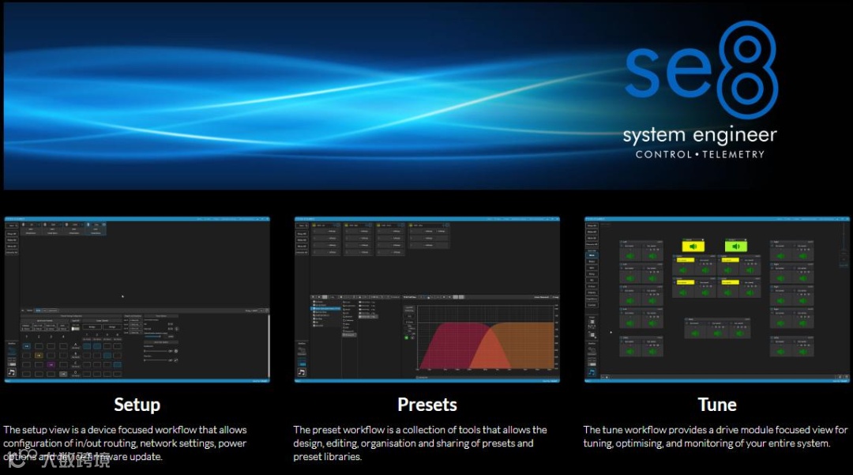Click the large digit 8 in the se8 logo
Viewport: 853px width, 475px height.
[747, 70]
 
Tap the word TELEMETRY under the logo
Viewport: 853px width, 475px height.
[735, 154]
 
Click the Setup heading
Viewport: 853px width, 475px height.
[137, 405]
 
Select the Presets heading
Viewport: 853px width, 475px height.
[427, 405]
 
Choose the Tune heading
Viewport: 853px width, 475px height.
[717, 405]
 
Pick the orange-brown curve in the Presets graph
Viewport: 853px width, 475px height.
[521, 344]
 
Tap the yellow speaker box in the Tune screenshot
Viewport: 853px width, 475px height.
[693, 247]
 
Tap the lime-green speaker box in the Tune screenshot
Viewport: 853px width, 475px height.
[736, 247]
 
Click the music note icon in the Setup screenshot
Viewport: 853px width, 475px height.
[12, 371]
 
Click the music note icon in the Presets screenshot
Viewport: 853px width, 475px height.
[302, 371]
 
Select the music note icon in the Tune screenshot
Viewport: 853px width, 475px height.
[592, 371]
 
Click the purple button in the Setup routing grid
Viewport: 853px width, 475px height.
[51, 365]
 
